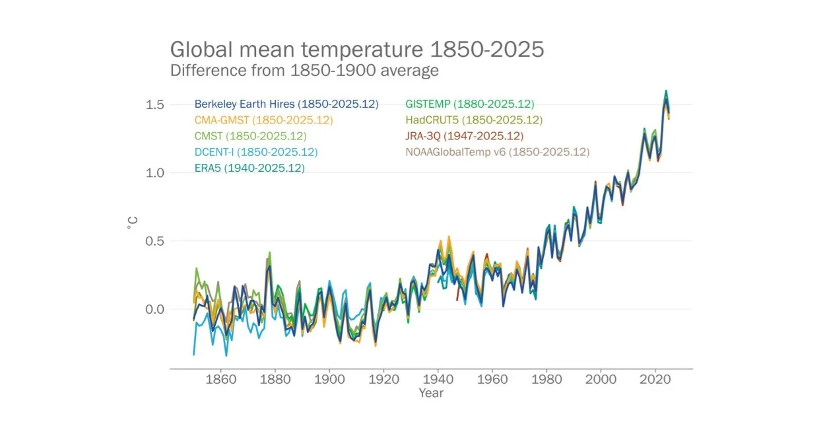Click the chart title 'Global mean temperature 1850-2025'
click(x=356, y=50)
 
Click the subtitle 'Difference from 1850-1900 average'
click(x=304, y=70)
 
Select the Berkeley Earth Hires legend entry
click(x=286, y=104)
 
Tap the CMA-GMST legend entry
click(x=263, y=120)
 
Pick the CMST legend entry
click(x=250, y=136)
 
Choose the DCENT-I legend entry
click(x=256, y=152)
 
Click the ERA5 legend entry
click(x=249, y=168)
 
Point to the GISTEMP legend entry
click(x=469, y=104)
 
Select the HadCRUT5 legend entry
click(x=473, y=120)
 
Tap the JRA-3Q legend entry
click(x=464, y=136)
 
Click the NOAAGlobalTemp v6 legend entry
click(x=497, y=152)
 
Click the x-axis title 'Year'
click(x=431, y=394)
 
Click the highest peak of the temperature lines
click(x=666, y=90)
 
